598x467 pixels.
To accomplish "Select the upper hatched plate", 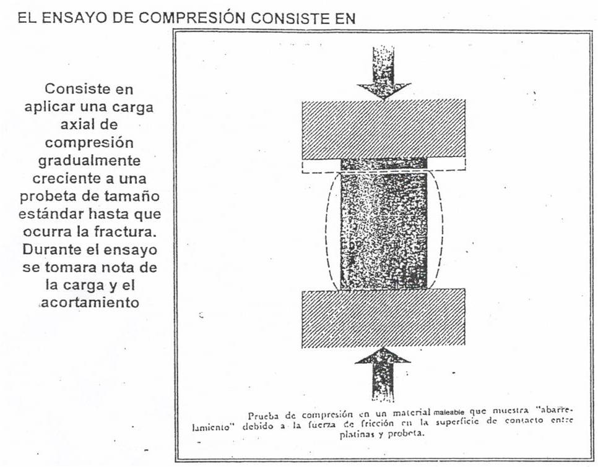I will (383, 128).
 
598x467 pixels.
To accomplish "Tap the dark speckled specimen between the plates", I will (383, 229).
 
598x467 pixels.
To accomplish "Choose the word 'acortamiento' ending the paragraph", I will (89, 304).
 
